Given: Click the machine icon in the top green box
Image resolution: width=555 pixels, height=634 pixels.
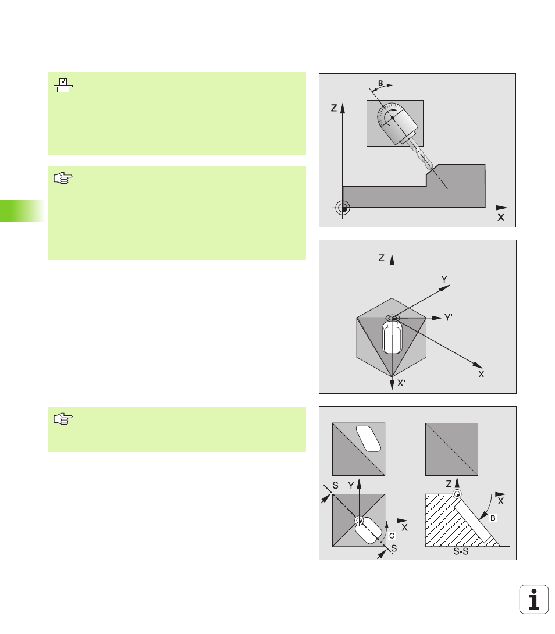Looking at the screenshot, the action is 63,86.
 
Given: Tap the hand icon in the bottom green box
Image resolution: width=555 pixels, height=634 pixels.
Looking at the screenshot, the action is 63,418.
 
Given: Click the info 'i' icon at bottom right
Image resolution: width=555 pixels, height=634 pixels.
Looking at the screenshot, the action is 534,599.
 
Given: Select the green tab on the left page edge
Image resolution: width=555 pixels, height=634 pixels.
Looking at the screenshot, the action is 22,211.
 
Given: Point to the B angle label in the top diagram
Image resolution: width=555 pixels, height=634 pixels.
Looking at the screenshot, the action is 380,83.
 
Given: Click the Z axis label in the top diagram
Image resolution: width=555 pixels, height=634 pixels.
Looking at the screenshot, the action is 334,108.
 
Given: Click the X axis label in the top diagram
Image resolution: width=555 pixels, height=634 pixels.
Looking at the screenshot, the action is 501,218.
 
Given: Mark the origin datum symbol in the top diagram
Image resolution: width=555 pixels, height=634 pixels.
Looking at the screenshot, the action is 343,208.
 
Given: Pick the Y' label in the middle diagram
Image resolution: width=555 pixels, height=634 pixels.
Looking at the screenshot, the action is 448,318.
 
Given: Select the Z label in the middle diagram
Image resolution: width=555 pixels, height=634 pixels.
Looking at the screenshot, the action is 382,258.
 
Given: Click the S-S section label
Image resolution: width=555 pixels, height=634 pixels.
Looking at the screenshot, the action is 461,551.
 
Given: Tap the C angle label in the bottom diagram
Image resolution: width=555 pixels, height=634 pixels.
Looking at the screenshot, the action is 392,536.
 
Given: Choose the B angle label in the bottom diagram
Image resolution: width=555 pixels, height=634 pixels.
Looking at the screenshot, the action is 493,518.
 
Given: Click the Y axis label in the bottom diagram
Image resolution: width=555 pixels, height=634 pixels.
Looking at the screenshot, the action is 351,485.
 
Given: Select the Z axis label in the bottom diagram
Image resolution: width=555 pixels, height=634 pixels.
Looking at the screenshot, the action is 449,484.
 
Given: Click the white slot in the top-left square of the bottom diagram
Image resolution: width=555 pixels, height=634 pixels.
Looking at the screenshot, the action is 368,439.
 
